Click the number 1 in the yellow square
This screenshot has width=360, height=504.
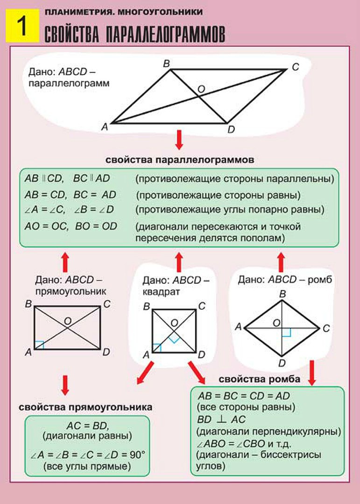pos(22,25)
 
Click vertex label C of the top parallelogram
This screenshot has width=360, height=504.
pos(296,67)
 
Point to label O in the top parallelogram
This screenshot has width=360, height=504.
pos(201,89)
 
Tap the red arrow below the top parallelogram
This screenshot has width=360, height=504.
pos(179,140)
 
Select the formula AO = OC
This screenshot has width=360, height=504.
pos(46,226)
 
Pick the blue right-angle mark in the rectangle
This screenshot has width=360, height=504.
pos(39,345)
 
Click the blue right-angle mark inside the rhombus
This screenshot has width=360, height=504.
pos(286,332)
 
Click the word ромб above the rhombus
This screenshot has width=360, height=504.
pos(320,280)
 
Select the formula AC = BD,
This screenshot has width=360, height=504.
pos(88,426)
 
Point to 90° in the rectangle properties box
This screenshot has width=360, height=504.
pos(138,455)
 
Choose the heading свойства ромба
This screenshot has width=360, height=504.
pos(259,379)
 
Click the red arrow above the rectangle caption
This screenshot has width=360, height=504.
pos(65,262)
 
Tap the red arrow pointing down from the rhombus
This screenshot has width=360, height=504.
pos(311,372)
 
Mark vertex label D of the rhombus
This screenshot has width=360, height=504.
pos(282,364)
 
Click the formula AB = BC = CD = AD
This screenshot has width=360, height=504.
pos(244,396)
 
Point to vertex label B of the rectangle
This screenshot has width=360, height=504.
pos(28,304)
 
